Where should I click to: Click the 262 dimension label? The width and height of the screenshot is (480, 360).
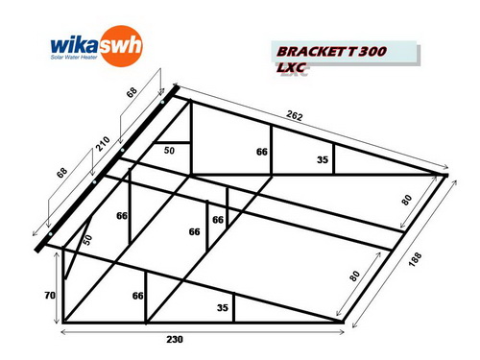(295, 115)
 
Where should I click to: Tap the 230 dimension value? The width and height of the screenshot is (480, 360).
(175, 339)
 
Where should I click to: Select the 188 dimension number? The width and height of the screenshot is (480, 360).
(415, 259)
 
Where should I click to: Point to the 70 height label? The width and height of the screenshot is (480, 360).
(50, 296)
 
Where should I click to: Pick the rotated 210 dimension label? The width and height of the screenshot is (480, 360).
(103, 144)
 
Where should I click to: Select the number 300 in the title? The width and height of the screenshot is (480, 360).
(372, 52)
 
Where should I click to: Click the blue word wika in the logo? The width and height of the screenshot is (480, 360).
(74, 45)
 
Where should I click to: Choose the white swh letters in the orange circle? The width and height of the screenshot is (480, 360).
(120, 45)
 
